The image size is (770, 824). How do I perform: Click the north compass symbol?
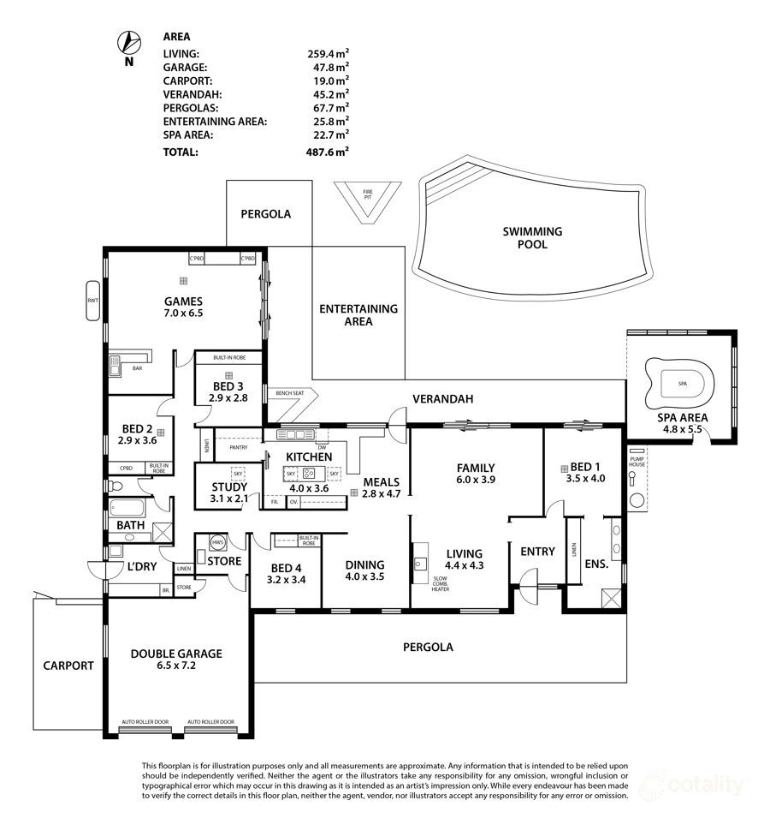pos(129,42)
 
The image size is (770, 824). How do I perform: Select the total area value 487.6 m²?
pos(329,152)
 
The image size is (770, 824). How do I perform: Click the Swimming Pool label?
pos(531,237)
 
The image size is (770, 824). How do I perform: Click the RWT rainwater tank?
pos(92,300)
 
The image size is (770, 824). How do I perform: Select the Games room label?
pos(183,301)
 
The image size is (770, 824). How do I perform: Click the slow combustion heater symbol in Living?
pos(420,564)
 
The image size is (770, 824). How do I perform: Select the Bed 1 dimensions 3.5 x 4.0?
pos(586,479)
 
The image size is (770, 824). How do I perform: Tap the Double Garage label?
pos(176,654)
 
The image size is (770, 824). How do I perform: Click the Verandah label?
pos(442,399)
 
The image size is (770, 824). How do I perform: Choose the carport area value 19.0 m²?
pos(329,80)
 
